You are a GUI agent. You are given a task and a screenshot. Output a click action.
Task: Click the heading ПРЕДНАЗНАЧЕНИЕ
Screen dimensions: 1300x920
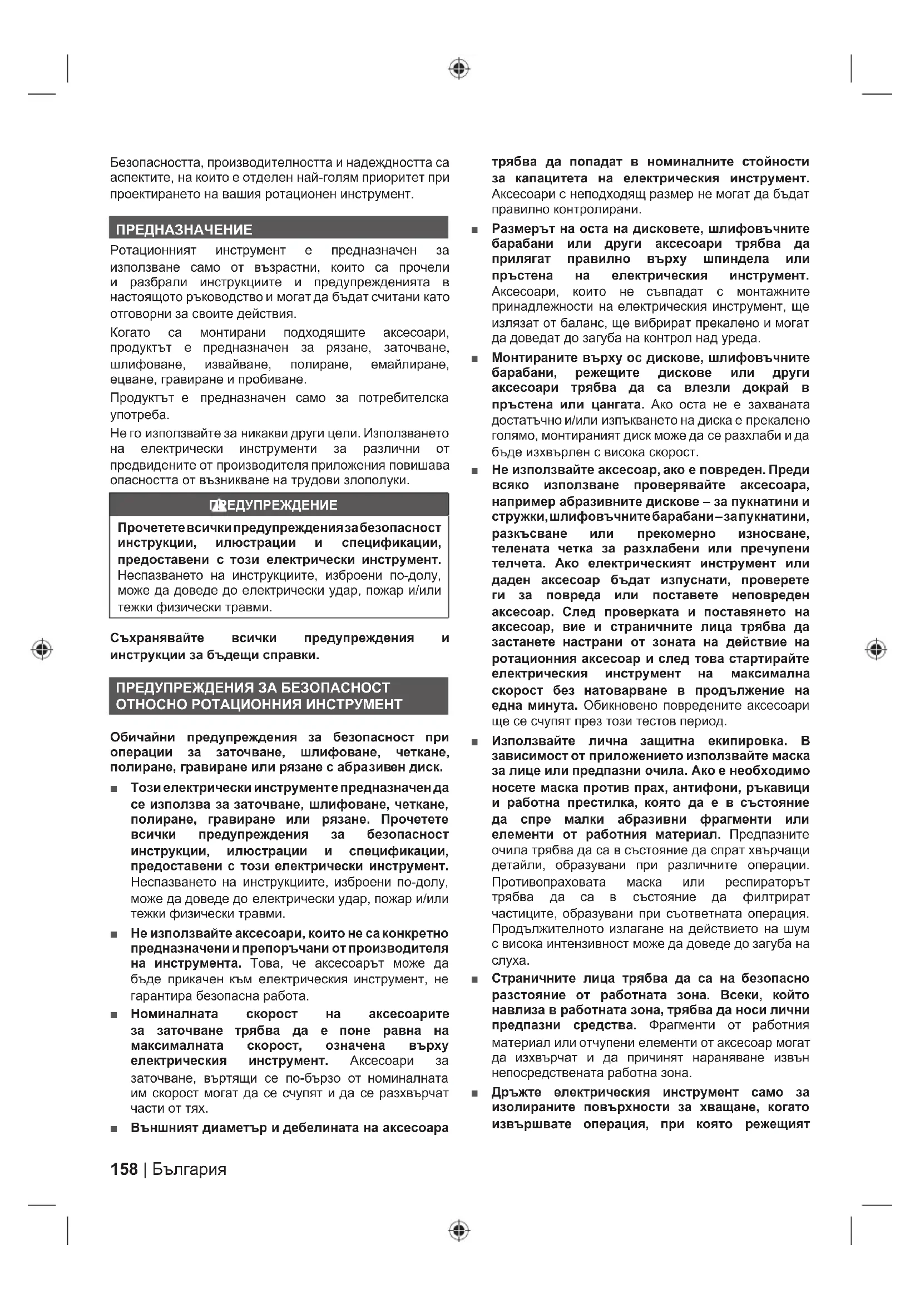[184, 230]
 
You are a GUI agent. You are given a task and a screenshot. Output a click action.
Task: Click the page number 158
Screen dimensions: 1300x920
[124, 1169]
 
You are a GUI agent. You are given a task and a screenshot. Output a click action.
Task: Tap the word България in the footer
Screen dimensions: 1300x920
[189, 1169]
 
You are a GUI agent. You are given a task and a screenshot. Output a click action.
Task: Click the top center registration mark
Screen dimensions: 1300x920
[459, 68]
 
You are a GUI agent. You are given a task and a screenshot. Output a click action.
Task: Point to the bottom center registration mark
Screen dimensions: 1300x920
[459, 1231]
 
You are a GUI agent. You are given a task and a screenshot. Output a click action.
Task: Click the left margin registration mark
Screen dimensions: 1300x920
[42, 649]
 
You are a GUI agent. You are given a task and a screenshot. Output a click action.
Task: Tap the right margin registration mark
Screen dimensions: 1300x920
[877, 649]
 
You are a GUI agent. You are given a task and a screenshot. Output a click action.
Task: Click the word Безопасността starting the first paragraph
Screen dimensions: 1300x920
[156, 163]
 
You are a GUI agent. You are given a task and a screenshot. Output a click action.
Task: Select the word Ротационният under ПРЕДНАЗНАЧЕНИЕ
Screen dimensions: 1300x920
[153, 250]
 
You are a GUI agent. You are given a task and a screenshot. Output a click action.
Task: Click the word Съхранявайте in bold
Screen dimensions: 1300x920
[157, 638]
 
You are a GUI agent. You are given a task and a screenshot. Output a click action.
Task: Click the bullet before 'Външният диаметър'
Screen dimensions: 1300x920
[114, 1128]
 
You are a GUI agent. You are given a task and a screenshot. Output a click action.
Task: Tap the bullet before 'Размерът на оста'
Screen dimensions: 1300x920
[474, 230]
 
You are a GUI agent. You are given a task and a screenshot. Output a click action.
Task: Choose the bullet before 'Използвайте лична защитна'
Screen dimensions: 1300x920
[474, 742]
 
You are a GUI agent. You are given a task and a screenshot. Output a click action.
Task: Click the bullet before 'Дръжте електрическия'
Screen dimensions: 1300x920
[474, 1093]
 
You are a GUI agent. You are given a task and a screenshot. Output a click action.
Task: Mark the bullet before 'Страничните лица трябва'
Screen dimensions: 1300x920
[474, 979]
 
